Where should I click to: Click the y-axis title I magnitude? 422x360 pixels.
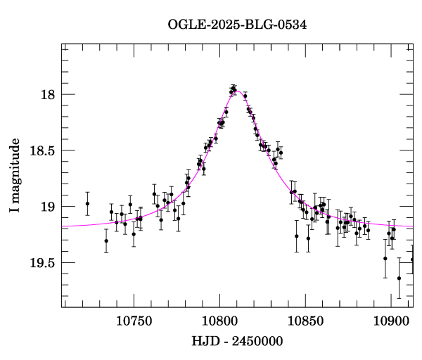pos(15,176)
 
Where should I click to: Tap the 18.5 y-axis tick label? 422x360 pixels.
pos(42,150)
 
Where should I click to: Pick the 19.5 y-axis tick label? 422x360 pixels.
pos(42,263)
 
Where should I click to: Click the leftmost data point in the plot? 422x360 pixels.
pos(87,204)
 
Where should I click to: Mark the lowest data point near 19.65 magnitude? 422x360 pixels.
pos(399,278)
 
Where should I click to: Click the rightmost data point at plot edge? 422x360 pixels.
pos(412,259)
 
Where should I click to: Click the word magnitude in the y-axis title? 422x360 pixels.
pos(15,169)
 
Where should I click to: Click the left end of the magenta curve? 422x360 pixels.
pos(63,227)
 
